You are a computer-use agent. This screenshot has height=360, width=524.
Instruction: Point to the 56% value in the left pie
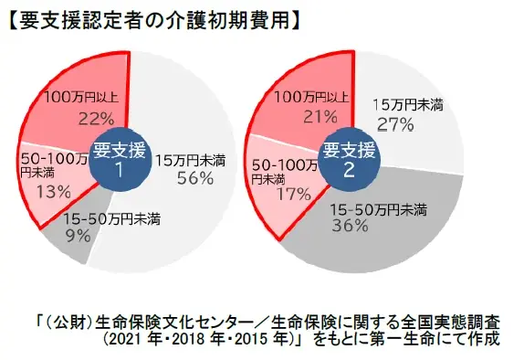[194, 178]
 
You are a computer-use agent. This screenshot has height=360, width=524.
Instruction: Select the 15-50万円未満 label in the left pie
[103, 219]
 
